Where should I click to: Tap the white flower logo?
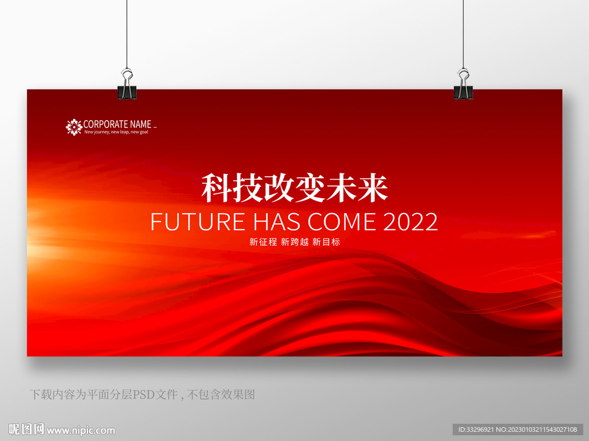(x=74, y=127)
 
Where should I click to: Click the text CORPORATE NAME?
(x=117, y=124)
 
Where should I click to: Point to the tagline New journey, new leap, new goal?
(x=116, y=132)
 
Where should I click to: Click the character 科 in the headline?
(x=216, y=188)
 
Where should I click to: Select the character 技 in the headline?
(x=247, y=188)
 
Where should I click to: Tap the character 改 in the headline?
(x=279, y=188)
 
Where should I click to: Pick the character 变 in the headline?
(x=310, y=188)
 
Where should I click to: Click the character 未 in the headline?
(x=341, y=188)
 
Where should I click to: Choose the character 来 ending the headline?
(x=372, y=188)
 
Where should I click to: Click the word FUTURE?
(x=198, y=222)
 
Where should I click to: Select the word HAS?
(x=277, y=222)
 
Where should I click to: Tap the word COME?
(x=342, y=222)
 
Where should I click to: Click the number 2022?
(x=411, y=222)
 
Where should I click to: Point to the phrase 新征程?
(x=263, y=242)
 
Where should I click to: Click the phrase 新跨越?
(x=294, y=242)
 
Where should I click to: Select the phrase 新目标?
(x=326, y=242)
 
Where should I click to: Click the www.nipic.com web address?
(x=81, y=431)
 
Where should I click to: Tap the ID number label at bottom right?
(x=518, y=430)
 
